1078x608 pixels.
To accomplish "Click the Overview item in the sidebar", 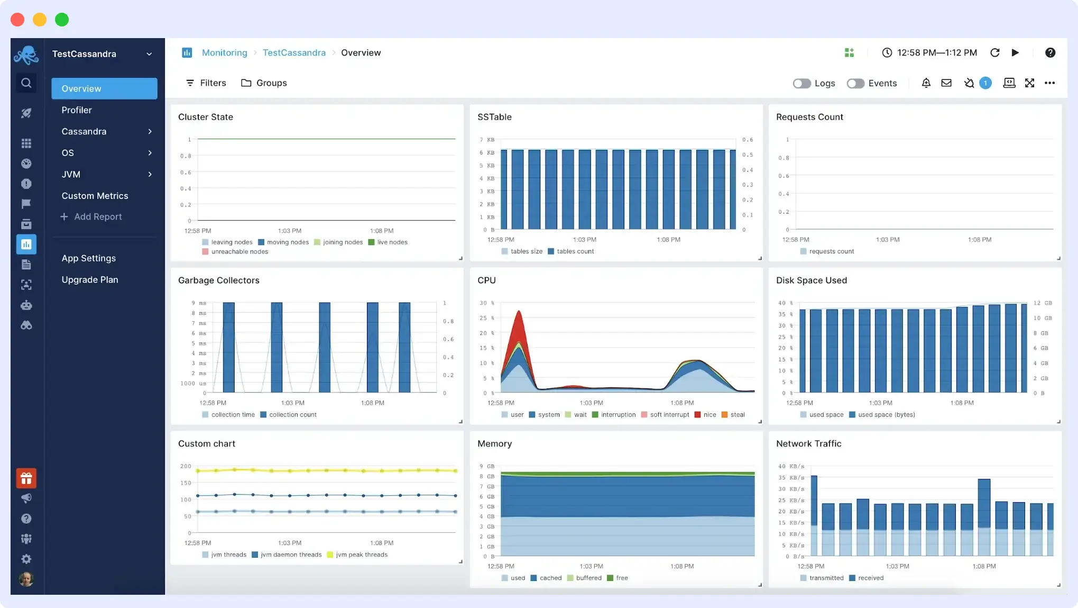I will pos(104,88).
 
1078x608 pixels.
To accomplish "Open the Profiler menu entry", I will pos(77,110).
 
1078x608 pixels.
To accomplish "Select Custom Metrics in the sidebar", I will pos(95,196).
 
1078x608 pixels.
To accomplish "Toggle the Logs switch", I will pos(801,83).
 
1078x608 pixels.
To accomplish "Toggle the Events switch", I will pos(855,83).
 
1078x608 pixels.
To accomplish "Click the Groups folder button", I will pos(264,83).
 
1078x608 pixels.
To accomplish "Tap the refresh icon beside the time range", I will pos(994,52).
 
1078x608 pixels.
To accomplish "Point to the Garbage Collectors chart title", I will pos(218,280).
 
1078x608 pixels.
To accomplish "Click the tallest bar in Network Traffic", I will pos(814,513).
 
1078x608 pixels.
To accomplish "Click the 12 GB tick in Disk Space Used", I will pos(1042,303).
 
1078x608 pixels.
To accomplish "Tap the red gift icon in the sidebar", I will pos(26,478).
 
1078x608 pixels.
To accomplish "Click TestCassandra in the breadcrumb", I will pos(294,52).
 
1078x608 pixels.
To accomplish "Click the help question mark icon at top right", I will pos(1050,52).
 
